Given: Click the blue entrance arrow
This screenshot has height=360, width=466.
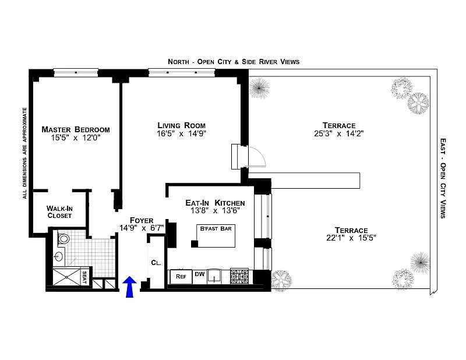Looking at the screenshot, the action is [x=129, y=286].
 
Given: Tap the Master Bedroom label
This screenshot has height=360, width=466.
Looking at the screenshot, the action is [x=76, y=130].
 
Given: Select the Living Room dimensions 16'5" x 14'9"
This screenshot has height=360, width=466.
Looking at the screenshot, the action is [x=181, y=134].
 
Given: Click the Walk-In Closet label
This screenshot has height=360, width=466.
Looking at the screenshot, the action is [x=59, y=212].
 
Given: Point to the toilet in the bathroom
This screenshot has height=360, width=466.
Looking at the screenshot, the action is [x=63, y=238].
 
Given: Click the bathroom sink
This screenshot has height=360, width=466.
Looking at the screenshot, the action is [x=59, y=256].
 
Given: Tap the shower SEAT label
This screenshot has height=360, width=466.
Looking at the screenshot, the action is [x=84, y=277].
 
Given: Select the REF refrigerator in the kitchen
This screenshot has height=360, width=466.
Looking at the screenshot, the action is [x=181, y=277].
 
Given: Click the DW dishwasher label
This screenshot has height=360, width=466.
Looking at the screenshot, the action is [x=200, y=274].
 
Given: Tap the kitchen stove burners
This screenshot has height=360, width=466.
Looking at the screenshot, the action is [x=239, y=276].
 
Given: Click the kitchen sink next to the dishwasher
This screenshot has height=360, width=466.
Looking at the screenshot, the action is [x=214, y=276].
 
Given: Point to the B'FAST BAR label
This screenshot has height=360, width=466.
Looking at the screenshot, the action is [x=216, y=228].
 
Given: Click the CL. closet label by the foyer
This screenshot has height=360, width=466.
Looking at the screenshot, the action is [x=156, y=263].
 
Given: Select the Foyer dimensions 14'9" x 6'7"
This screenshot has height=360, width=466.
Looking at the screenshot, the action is [x=142, y=228].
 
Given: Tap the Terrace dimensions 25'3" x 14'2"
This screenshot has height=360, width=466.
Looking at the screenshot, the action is [x=339, y=133].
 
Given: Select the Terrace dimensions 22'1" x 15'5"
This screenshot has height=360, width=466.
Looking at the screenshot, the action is [x=351, y=238].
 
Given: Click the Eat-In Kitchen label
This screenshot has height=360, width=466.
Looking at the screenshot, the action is [x=215, y=203].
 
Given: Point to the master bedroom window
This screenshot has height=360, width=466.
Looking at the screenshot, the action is [x=76, y=73].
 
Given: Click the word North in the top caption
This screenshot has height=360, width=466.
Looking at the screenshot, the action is [x=179, y=62].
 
